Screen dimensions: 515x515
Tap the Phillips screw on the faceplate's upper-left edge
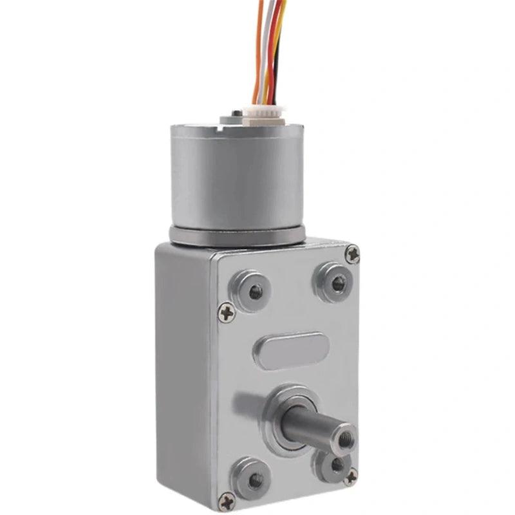pyautogui.click(x=225, y=314)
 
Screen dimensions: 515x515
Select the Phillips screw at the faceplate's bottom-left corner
pyautogui.click(x=227, y=500)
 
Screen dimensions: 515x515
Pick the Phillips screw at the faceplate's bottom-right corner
pyautogui.click(x=350, y=477)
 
